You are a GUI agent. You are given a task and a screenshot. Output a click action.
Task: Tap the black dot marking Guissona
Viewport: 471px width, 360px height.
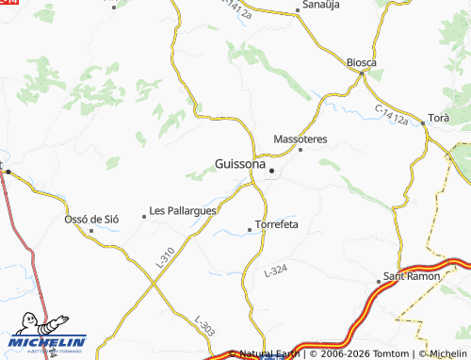click(272, 171)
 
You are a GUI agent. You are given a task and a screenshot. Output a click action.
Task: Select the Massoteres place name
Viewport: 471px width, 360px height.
click(300, 139)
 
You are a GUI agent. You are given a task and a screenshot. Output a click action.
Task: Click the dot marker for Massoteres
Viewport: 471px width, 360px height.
click(300, 149)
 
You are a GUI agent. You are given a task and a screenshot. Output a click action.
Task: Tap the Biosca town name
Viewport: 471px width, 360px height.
click(361, 62)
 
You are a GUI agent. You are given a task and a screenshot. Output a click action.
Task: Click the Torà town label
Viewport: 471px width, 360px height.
click(439, 118)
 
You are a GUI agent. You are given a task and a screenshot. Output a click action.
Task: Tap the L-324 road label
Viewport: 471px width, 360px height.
click(275, 270)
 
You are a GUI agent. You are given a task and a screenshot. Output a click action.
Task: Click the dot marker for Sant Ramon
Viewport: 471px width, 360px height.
click(380, 281)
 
